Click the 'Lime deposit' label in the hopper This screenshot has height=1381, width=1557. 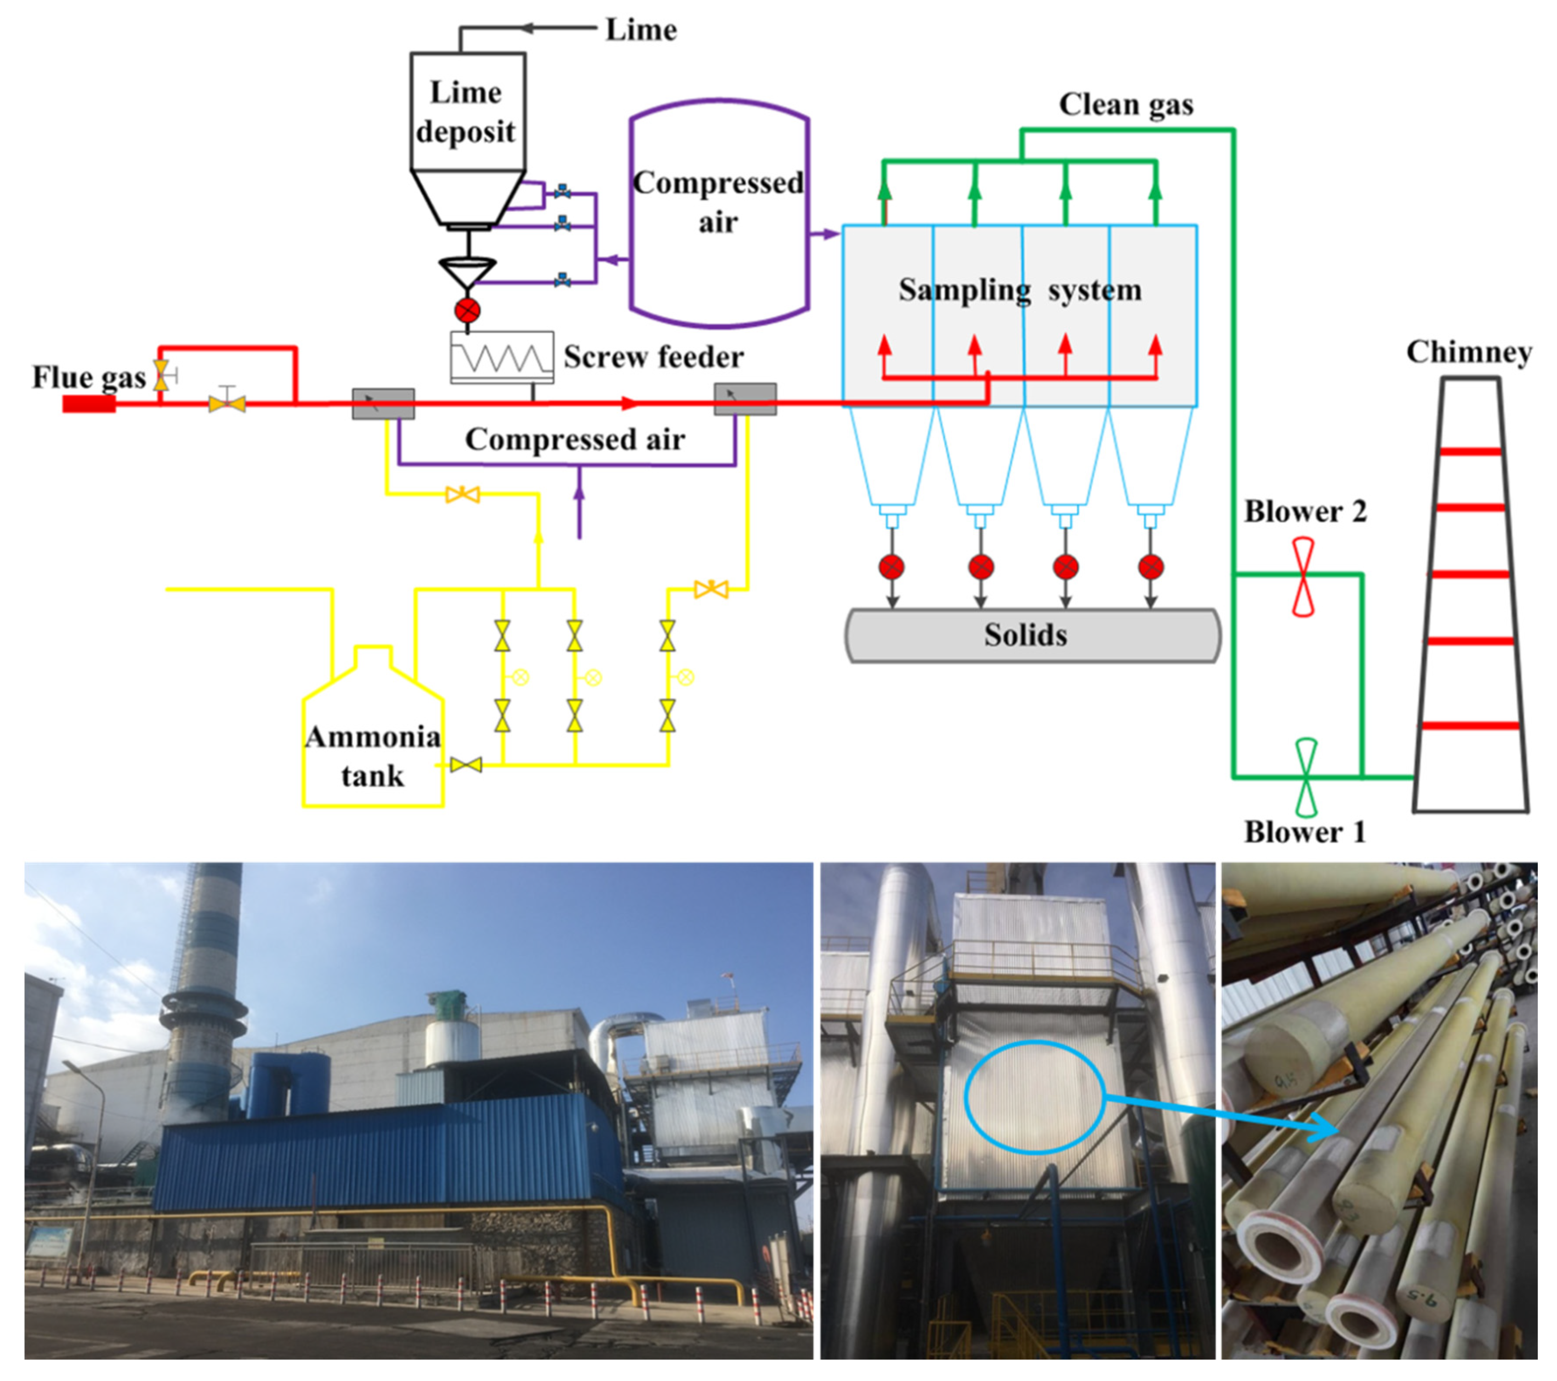[466, 112]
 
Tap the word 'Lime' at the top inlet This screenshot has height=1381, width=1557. [641, 30]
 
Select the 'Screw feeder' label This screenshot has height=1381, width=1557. [653, 357]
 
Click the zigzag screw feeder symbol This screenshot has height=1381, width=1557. [501, 357]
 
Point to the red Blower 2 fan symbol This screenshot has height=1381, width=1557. [1303, 577]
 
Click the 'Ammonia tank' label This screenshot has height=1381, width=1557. [373, 756]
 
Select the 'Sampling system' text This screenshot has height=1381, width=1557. [1019, 290]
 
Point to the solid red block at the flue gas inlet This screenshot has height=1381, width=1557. [88, 404]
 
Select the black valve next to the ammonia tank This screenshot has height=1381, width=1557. [466, 764]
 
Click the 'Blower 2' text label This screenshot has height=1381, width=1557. [1305, 512]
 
